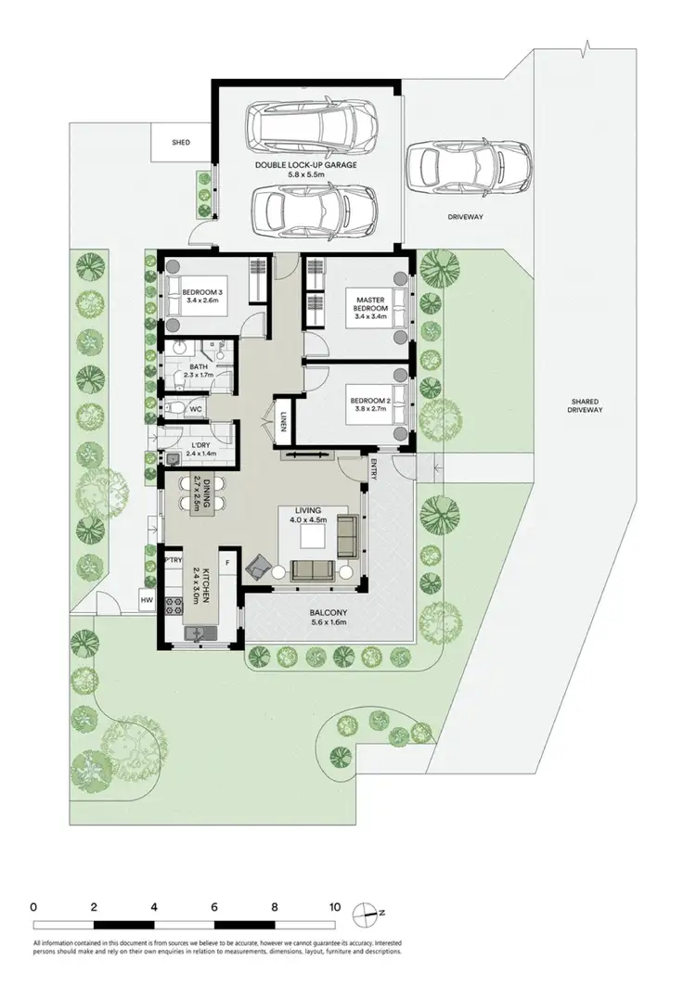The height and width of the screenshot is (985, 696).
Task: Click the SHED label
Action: pyautogui.click(x=181, y=143)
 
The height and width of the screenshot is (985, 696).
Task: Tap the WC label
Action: pyautogui.click(x=196, y=408)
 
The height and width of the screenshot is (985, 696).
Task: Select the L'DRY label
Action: pyautogui.click(x=199, y=447)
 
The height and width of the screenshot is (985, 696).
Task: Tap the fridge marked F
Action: pyautogui.click(x=226, y=563)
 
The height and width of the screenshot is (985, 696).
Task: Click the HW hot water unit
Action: pyautogui.click(x=146, y=601)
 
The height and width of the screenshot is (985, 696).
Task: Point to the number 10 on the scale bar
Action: pyautogui.click(x=334, y=907)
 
